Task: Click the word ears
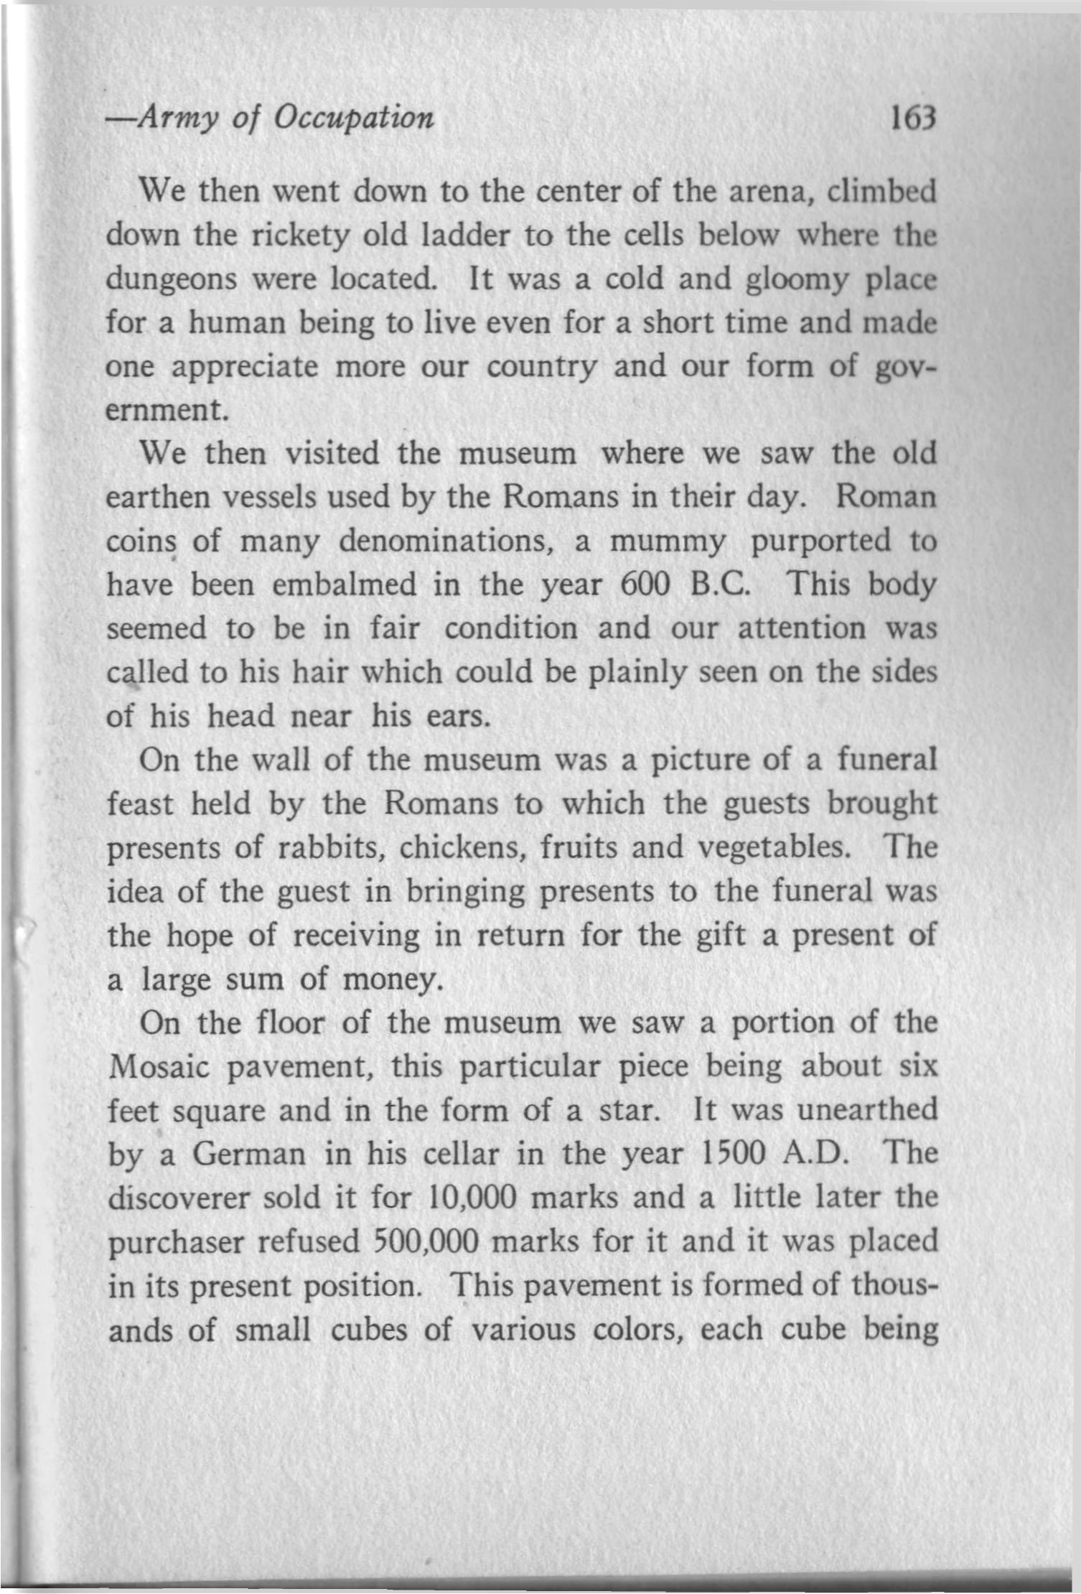[x=458, y=717]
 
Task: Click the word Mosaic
[x=159, y=1067]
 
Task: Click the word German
[x=249, y=1155]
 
